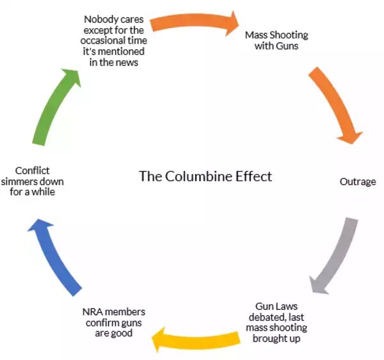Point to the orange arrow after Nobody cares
192,24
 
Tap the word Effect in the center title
254,176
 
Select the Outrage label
357,181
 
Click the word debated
266,317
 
